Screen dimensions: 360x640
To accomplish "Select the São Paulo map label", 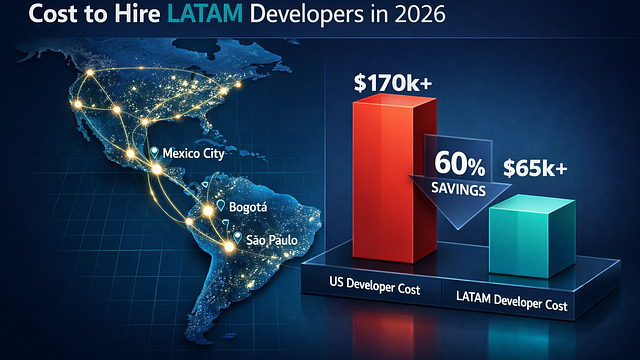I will pyautogui.click(x=264, y=241).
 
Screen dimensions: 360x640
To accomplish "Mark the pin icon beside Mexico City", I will pyautogui.click(x=154, y=153).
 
